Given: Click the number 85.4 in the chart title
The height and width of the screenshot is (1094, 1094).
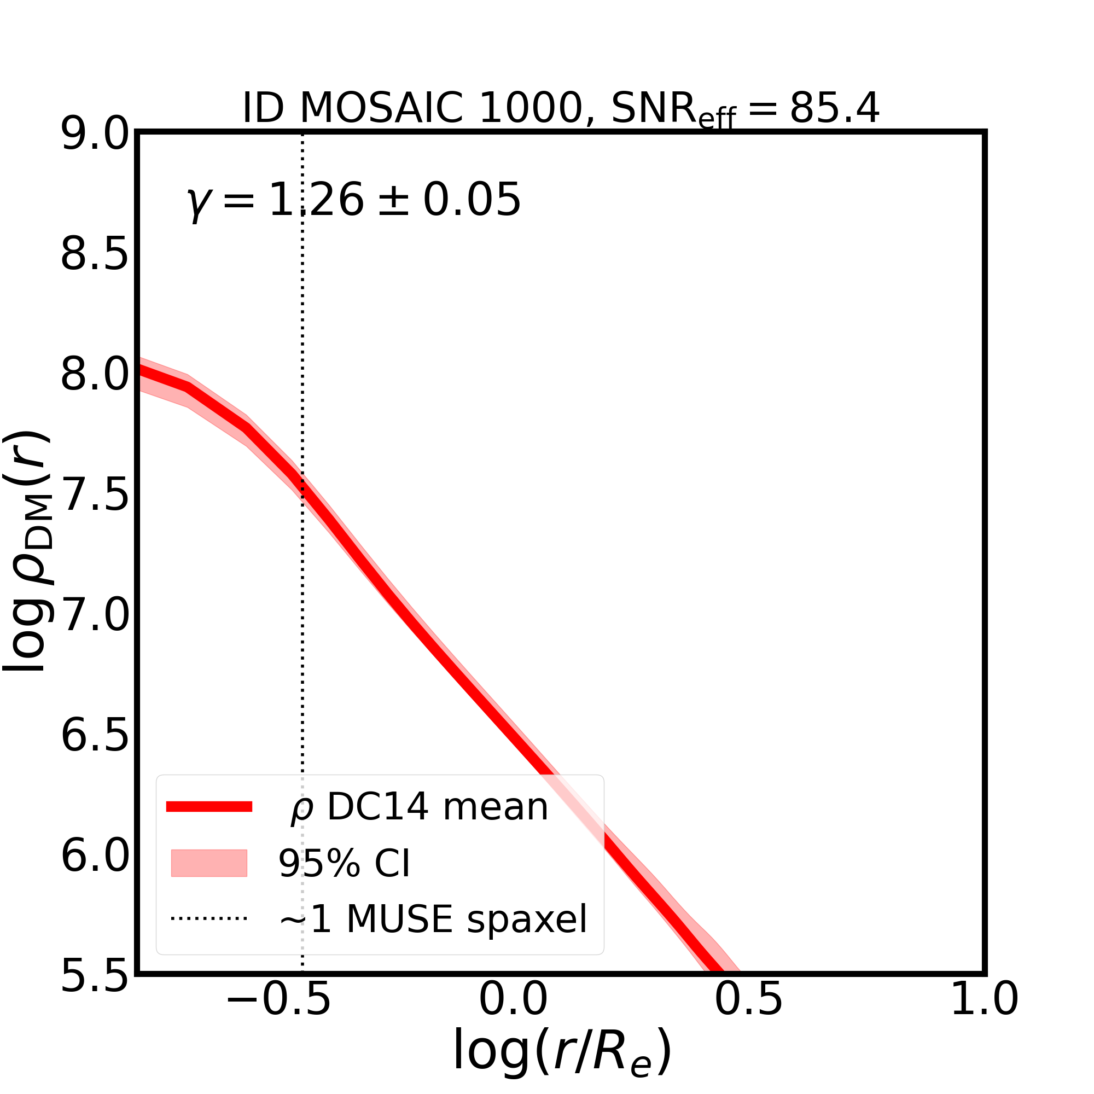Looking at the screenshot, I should pos(835,108).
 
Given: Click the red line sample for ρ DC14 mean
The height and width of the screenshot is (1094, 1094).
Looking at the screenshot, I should pos(209,807).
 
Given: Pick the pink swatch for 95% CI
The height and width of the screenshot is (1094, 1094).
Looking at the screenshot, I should pos(209,864).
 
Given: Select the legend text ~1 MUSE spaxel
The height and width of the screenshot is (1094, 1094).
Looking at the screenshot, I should pos(433,919).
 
